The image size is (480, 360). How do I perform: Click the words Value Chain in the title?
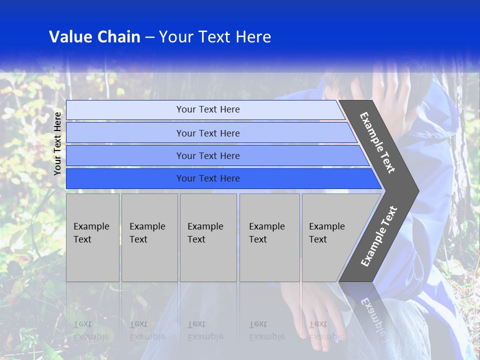(94, 37)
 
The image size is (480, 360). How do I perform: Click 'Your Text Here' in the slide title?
(215, 37)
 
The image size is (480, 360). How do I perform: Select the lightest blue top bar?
(207, 109)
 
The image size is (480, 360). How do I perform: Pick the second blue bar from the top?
(207, 133)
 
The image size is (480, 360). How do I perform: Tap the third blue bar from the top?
(207, 155)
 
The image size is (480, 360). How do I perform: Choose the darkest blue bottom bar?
(207, 178)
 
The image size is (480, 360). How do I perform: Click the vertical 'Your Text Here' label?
(57, 143)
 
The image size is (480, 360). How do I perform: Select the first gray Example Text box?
(92, 237)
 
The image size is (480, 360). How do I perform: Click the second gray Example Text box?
(149, 237)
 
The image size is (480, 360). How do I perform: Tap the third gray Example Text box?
(208, 237)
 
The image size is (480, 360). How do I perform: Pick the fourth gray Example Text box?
(269, 237)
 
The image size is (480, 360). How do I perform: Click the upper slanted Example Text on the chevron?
(377, 142)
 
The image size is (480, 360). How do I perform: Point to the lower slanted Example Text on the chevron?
(379, 236)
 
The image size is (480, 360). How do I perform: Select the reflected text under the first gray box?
(91, 330)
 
